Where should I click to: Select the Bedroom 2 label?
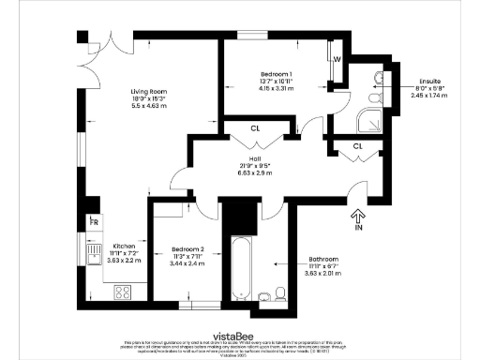(187, 248)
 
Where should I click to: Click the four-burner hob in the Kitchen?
(122, 292)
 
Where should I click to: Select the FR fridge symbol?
(94, 222)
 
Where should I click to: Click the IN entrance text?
(357, 228)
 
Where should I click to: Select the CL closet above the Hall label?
(255, 129)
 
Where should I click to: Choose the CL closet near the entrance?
(358, 146)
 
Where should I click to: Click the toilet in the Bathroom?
(266, 297)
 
